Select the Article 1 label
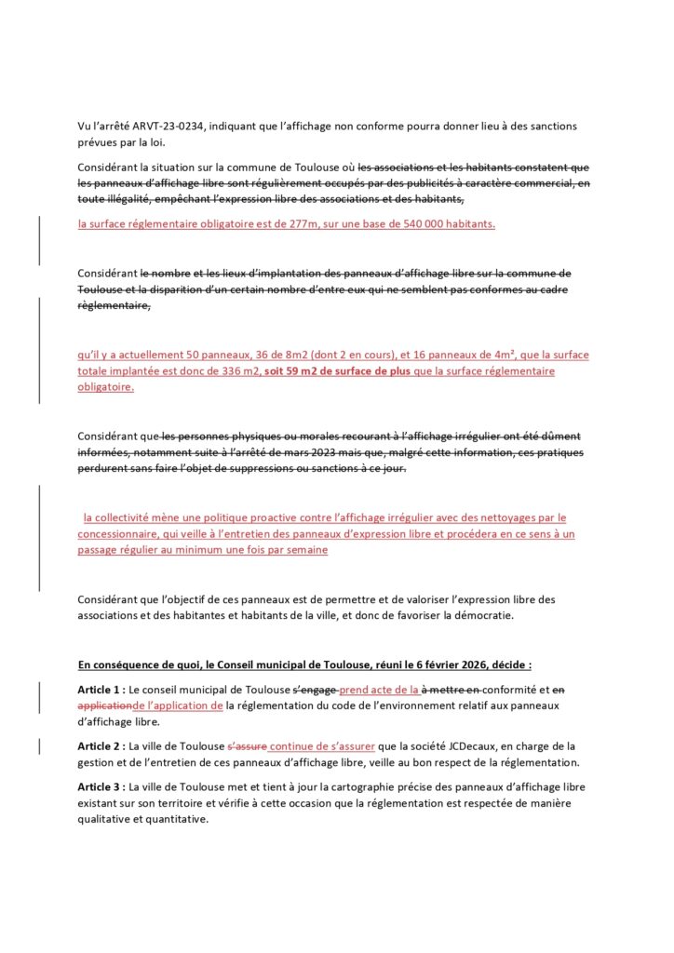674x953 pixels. (x=101, y=690)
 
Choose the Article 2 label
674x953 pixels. (x=101, y=746)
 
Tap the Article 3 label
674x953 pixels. (x=101, y=787)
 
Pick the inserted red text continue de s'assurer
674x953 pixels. (x=321, y=746)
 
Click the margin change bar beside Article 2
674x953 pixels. (x=39, y=746)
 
